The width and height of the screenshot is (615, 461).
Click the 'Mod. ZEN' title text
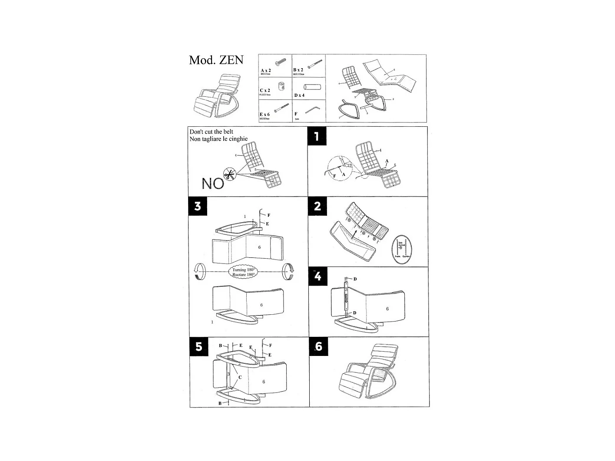click(216, 60)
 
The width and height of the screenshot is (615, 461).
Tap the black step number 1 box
click(317, 136)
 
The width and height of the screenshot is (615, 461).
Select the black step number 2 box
click(317, 206)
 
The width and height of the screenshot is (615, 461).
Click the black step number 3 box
click(198, 206)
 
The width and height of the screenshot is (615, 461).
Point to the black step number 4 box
click(317, 276)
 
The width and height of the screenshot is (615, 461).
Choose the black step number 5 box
click(198, 346)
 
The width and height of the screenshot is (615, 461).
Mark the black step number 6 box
click(318, 346)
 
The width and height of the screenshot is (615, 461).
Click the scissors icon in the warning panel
click(229, 175)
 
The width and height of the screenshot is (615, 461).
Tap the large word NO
click(212, 184)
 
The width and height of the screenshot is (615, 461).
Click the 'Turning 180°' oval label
click(243, 272)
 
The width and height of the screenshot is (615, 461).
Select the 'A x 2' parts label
click(266, 70)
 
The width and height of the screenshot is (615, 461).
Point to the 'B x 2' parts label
click(298, 70)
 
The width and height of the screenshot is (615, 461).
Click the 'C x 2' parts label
click(265, 90)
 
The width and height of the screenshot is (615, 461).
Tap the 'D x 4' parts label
click(299, 95)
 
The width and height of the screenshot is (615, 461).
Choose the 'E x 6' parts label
click(265, 115)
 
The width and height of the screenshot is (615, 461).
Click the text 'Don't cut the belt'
click(211, 132)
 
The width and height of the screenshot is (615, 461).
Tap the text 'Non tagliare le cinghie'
click(218, 139)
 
